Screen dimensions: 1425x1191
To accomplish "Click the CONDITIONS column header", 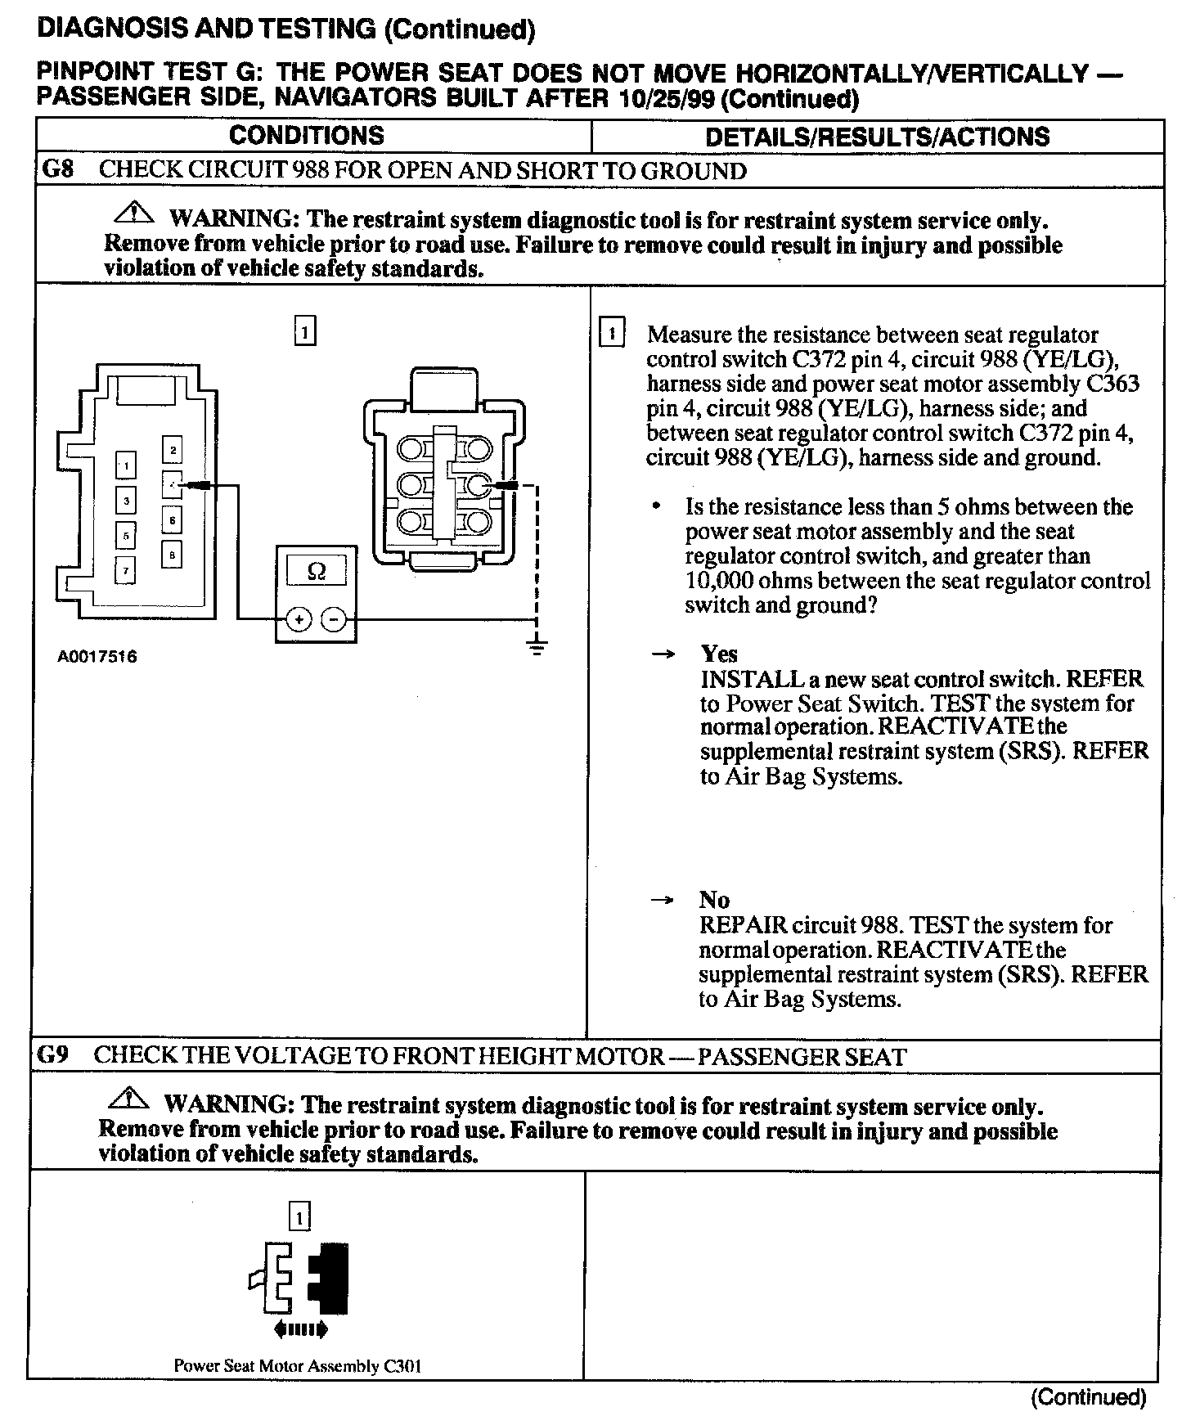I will pyautogui.click(x=306, y=135).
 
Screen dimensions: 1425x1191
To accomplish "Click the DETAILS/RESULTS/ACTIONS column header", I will pyautogui.click(x=877, y=136).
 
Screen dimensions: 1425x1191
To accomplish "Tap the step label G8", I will pyautogui.click(x=57, y=170).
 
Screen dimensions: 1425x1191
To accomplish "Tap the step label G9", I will pyautogui.click(x=53, y=1054).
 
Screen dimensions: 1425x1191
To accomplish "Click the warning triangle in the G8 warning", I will pyautogui.click(x=133, y=215).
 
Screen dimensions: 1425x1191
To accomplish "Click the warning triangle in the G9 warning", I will pyautogui.click(x=128, y=1099).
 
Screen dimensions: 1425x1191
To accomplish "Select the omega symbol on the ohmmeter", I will pyautogui.click(x=317, y=571).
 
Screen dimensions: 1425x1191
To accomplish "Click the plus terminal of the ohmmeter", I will pyautogui.click(x=299, y=620).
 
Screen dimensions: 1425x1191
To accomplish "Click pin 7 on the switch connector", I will pyautogui.click(x=125, y=569).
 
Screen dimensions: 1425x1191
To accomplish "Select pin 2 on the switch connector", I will pyautogui.click(x=172, y=450).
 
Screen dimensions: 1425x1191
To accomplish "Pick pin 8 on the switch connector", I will pyautogui.click(x=172, y=555).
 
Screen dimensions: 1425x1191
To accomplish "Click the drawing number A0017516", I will pyautogui.click(x=97, y=656).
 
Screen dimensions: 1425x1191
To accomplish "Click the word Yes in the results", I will pyautogui.click(x=719, y=654).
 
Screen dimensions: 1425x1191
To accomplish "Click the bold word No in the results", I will pyautogui.click(x=714, y=900).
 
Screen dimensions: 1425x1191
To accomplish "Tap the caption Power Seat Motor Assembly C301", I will pyautogui.click(x=298, y=1365).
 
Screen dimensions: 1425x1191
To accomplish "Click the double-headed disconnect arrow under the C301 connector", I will pyautogui.click(x=301, y=1330).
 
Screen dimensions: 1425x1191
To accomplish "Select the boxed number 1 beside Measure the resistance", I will pyautogui.click(x=612, y=334).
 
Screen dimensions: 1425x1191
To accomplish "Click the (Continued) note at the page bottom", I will pyautogui.click(x=1089, y=1396).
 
